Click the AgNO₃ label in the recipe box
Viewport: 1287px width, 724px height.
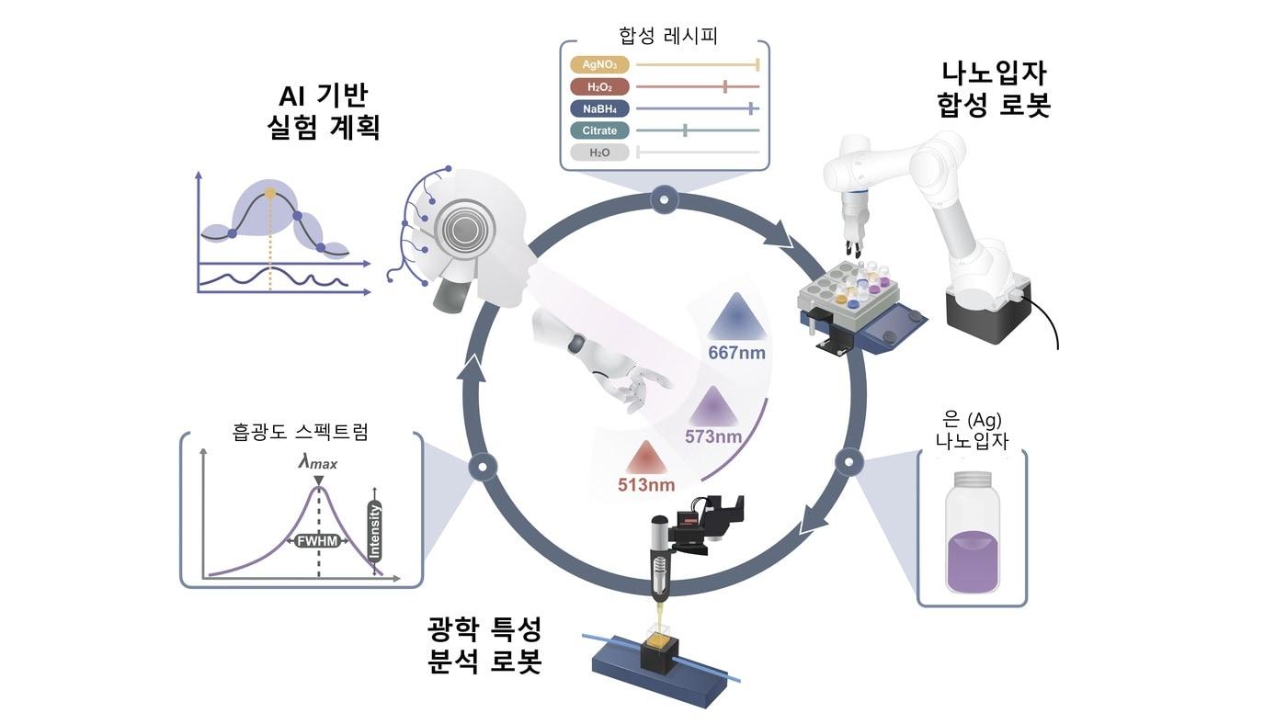point(598,65)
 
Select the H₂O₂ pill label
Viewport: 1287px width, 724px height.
point(598,87)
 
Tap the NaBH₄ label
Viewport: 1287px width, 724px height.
point(598,108)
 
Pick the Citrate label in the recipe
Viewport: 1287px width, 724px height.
point(598,130)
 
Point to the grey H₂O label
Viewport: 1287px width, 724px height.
point(598,153)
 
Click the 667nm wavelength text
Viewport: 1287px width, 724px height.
point(736,352)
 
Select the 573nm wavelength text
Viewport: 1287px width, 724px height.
point(713,436)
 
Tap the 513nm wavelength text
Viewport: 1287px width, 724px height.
point(645,484)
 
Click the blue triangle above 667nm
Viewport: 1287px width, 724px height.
point(736,316)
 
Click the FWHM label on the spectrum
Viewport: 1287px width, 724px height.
point(318,542)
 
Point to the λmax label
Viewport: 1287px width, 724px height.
point(317,463)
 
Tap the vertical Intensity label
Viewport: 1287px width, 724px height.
point(374,532)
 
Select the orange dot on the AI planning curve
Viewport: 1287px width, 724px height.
point(269,194)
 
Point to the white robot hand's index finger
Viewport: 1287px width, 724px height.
point(655,377)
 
